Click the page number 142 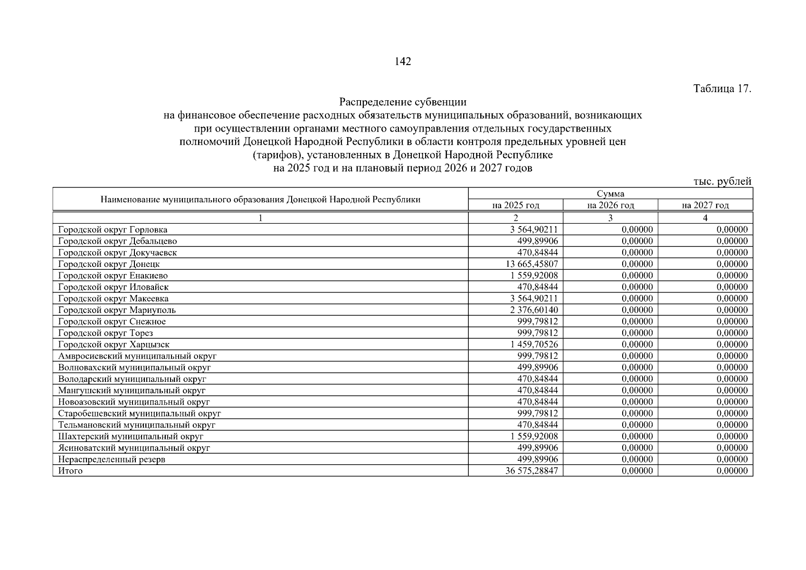[403, 62]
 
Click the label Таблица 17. [722, 89]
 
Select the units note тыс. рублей [722, 181]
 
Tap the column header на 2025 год [516, 205]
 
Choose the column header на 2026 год [610, 205]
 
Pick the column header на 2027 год [705, 205]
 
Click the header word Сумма [610, 194]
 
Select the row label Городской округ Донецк [109, 264]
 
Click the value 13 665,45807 [532, 264]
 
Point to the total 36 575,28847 [532, 471]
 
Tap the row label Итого [70, 471]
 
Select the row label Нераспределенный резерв [112, 459]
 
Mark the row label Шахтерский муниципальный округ [131, 437]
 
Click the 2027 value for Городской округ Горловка [732, 230]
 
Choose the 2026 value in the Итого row [637, 471]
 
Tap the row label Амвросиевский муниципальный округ [137, 356]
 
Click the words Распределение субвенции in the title [403, 102]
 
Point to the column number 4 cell [705, 218]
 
